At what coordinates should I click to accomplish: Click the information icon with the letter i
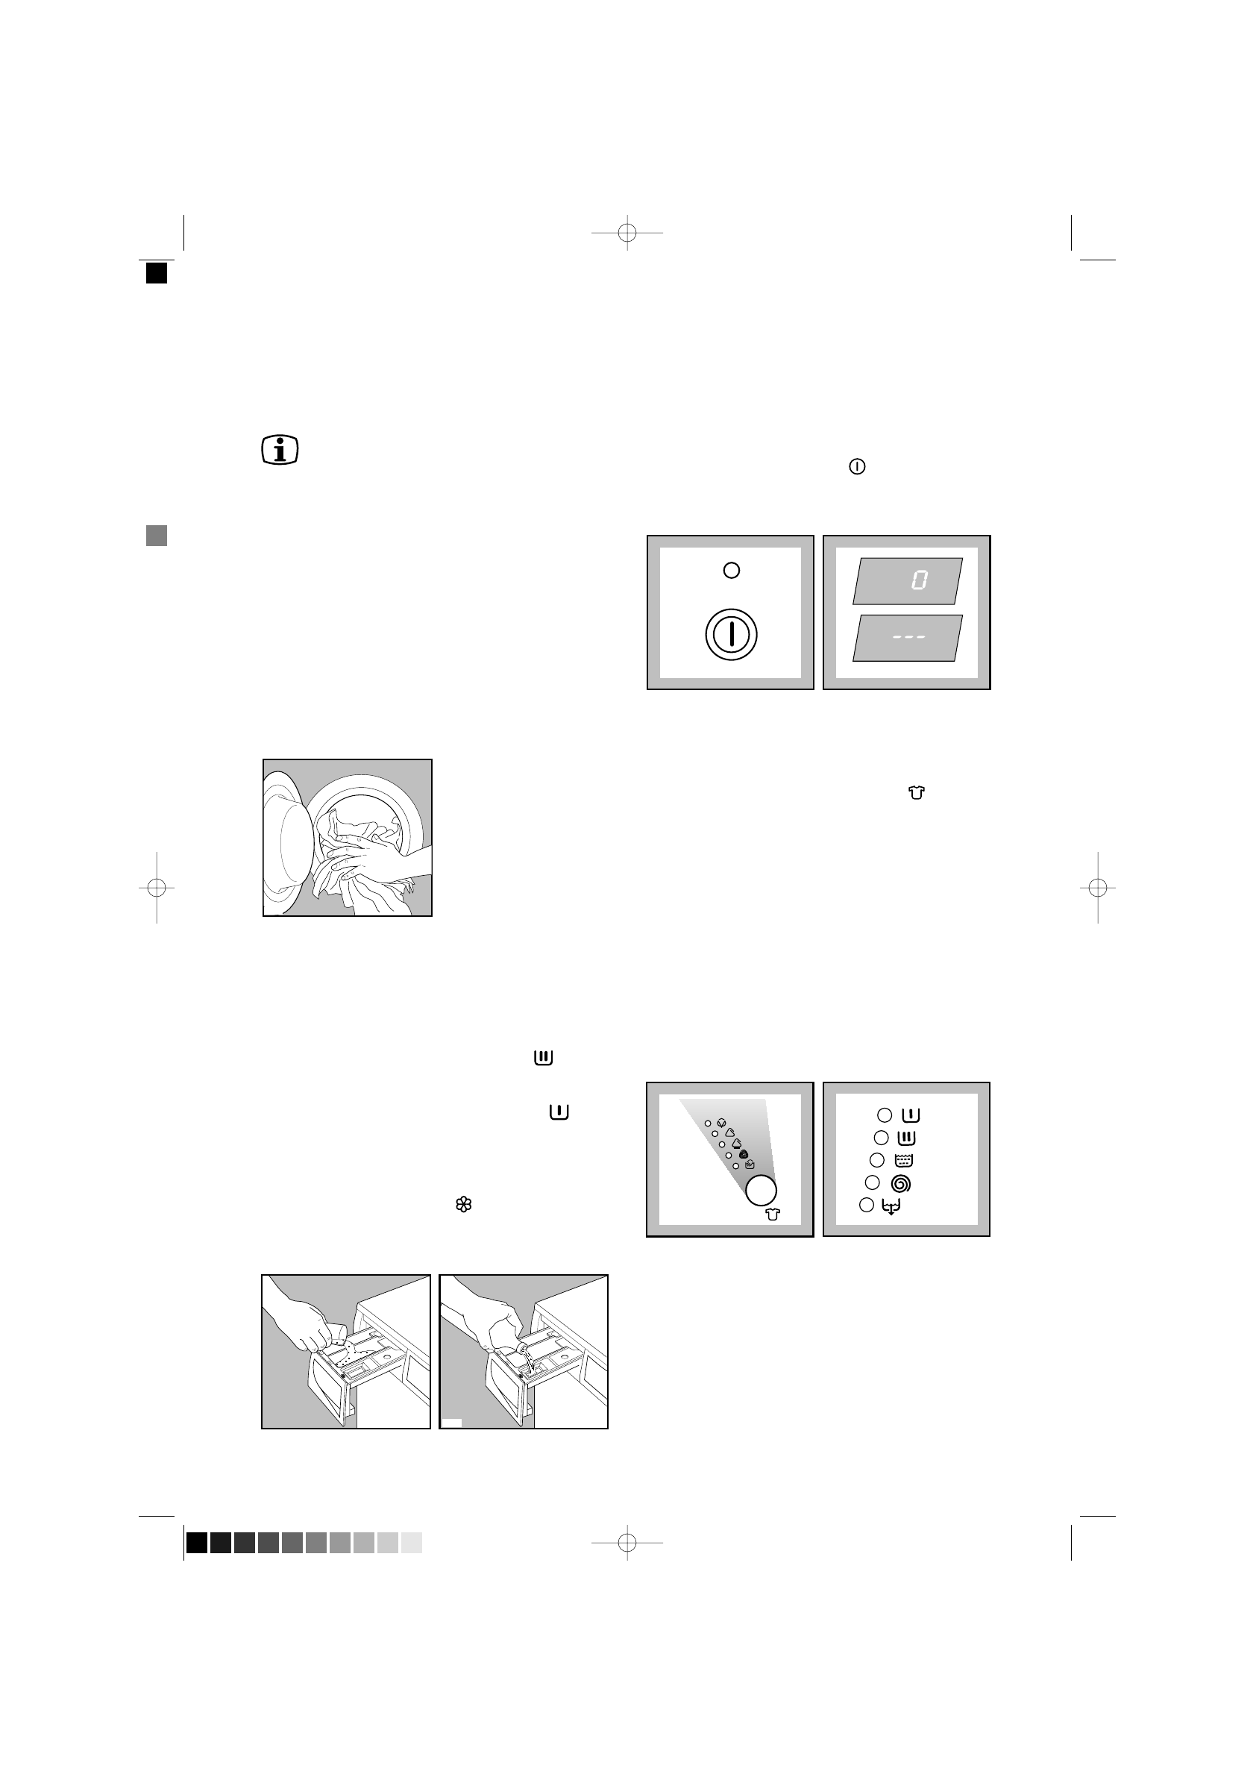[x=280, y=451]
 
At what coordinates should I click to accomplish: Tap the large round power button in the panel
[x=730, y=635]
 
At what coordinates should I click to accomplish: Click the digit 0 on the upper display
[x=920, y=580]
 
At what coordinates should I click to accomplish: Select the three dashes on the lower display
[x=908, y=637]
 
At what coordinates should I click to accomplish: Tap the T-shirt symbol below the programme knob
[x=773, y=1215]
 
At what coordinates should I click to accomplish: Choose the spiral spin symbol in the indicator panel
[x=901, y=1183]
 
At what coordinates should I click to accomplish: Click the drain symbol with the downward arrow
[x=891, y=1206]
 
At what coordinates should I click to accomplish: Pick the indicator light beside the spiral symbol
[x=872, y=1182]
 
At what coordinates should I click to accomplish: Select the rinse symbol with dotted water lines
[x=903, y=1160]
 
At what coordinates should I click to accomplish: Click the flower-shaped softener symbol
[x=464, y=1204]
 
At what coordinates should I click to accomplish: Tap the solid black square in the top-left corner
[x=157, y=273]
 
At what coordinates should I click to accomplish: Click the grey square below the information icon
[x=157, y=536]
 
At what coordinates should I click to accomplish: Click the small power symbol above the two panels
[x=857, y=467]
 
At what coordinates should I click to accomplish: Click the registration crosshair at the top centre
[x=627, y=232]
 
